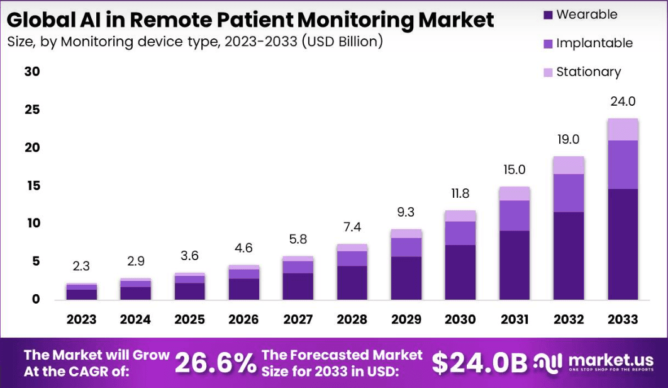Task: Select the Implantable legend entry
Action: click(594, 43)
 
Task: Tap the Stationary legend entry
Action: click(588, 72)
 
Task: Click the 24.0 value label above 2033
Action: click(623, 101)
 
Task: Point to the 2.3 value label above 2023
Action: click(81, 266)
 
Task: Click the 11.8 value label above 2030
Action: click(460, 193)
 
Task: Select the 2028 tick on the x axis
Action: click(352, 319)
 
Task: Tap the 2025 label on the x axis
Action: click(189, 319)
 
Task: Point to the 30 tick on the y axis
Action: click(32, 72)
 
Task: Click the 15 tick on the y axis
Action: click(32, 185)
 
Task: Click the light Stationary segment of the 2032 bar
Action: click(569, 165)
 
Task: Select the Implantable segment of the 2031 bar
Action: click(515, 215)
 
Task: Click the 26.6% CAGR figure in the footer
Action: click(215, 363)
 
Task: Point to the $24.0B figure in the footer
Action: click(479, 363)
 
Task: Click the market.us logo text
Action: click(611, 360)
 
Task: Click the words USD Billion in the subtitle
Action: click(339, 42)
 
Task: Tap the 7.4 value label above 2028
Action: click(352, 227)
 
